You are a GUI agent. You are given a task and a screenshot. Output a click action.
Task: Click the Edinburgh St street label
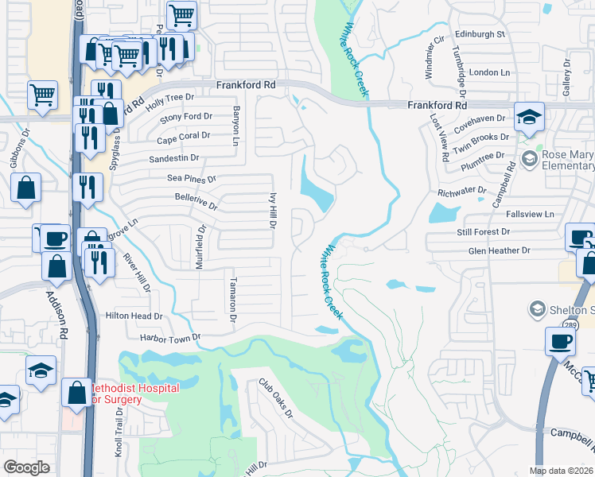point(480,34)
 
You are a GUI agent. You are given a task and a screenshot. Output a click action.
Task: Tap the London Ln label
point(489,72)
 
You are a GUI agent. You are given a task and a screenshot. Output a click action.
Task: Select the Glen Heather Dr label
point(499,250)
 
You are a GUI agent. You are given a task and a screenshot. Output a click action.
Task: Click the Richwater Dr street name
point(461,192)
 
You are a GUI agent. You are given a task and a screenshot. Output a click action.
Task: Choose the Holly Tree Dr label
point(169,98)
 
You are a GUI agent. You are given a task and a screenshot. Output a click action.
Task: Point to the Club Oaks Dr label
point(275,398)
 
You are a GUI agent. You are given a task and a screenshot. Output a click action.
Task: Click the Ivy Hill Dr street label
point(271,210)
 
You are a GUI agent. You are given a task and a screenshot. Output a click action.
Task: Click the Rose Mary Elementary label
point(568,161)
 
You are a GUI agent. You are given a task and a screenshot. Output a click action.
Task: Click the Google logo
point(26,467)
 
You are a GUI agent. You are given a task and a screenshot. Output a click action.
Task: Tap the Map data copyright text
point(562,471)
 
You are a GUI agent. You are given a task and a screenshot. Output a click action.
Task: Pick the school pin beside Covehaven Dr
point(529,118)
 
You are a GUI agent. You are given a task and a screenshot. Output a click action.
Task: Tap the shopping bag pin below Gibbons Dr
point(26,189)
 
